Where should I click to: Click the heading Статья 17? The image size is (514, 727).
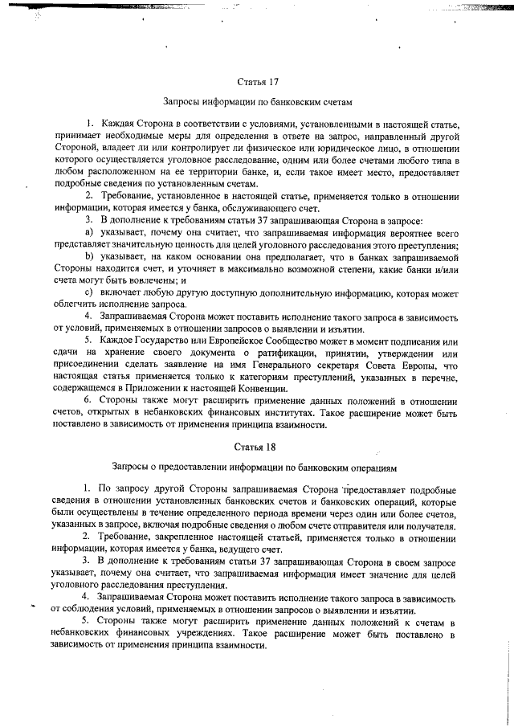coord(258,82)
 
